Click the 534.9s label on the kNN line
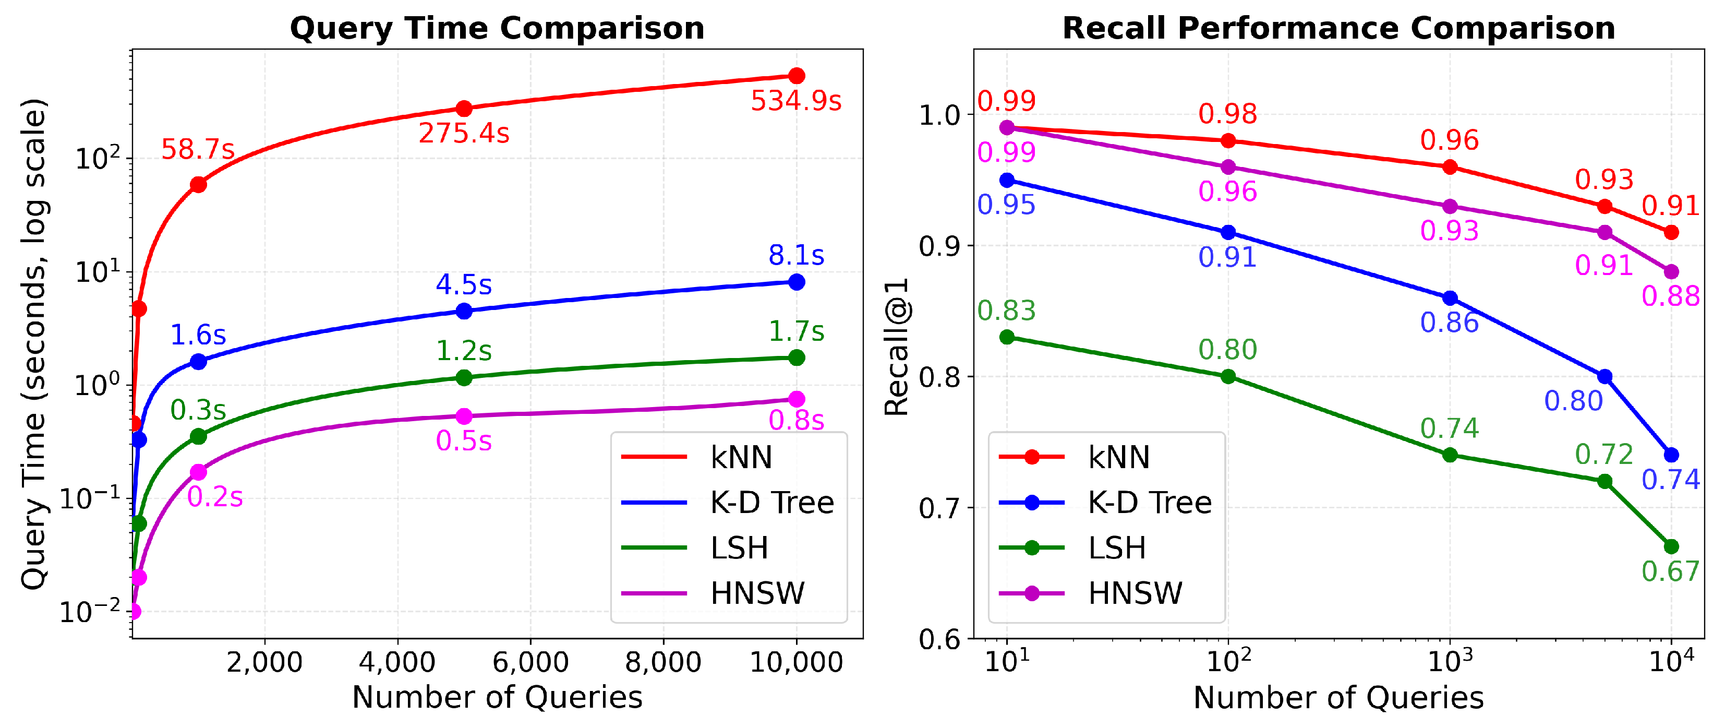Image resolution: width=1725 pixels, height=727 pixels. coord(795,101)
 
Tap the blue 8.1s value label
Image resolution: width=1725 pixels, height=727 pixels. coord(796,255)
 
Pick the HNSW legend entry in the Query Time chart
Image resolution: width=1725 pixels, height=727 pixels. coord(713,593)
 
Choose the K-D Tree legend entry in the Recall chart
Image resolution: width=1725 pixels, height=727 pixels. coord(1105,503)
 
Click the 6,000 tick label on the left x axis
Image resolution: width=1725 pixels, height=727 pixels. coord(530,662)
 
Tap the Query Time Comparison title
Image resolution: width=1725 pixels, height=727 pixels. coord(497,28)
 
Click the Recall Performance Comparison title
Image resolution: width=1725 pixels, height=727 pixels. coord(1338,28)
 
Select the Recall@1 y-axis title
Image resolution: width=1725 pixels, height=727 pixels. coord(896,347)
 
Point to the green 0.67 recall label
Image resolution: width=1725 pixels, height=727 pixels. coord(1670,571)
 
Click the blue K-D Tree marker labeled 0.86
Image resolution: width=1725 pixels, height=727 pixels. coord(1450,298)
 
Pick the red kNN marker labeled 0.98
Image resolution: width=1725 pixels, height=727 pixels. coord(1228,141)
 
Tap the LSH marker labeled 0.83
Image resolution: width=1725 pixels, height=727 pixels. coord(1007,337)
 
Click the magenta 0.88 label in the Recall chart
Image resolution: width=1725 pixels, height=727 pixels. coord(1670,296)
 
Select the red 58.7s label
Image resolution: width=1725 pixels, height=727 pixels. coord(198,149)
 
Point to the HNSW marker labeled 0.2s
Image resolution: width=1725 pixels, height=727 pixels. coord(198,472)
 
